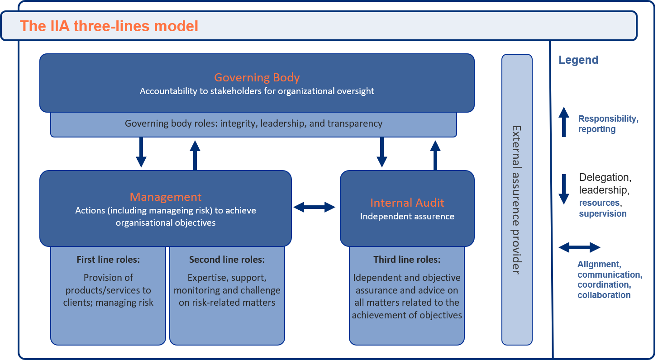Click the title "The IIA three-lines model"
(x=109, y=26)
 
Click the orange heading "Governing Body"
(x=257, y=77)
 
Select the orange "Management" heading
(x=166, y=197)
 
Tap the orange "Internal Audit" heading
(x=407, y=203)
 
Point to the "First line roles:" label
(x=108, y=260)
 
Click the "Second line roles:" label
(x=227, y=260)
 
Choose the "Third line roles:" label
(x=407, y=260)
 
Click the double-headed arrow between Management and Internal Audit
(x=315, y=207)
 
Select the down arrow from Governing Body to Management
(x=141, y=152)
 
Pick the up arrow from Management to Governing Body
(x=195, y=155)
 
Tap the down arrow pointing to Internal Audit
(x=381, y=152)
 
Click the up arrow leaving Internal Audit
(x=435, y=155)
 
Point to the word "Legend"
(x=578, y=60)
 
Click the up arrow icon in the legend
(x=564, y=122)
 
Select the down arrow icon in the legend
(x=564, y=189)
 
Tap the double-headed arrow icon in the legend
(x=579, y=247)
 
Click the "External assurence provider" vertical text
(x=516, y=200)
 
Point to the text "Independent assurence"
(x=407, y=217)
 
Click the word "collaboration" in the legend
(x=604, y=295)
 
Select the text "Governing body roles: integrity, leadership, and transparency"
(x=253, y=123)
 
